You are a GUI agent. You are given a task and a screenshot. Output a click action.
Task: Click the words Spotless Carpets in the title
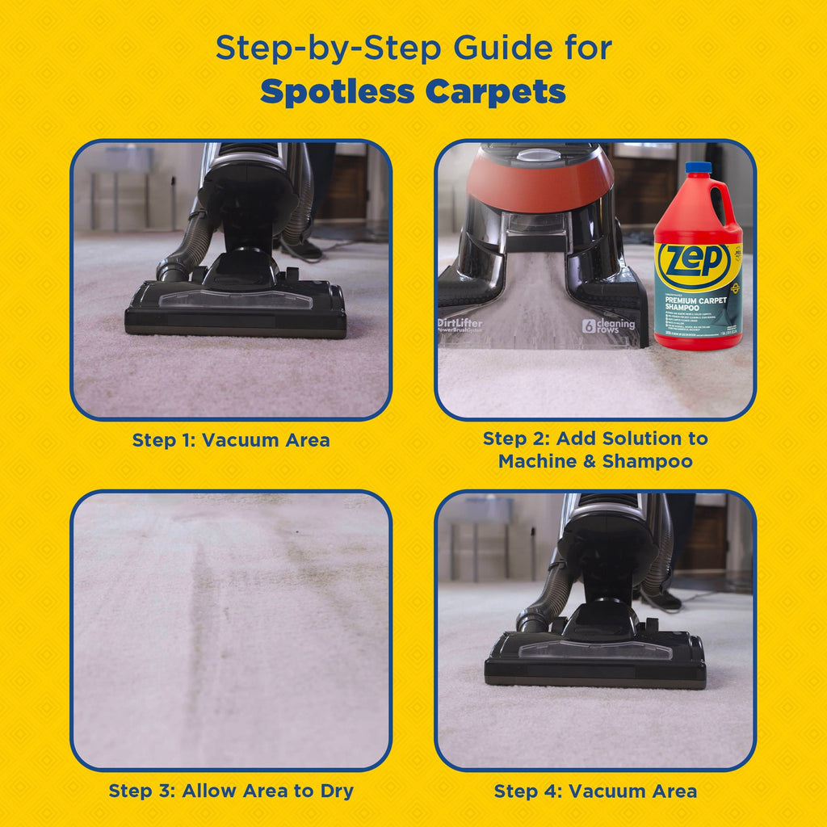pyautogui.click(x=413, y=92)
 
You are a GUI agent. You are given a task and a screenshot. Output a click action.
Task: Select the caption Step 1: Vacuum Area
pyautogui.click(x=231, y=440)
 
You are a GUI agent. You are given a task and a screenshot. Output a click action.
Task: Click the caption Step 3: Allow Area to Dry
pyautogui.click(x=231, y=791)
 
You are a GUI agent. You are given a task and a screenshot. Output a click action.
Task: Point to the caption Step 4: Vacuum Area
pyautogui.click(x=595, y=791)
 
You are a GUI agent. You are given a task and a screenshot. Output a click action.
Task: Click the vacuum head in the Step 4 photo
pyautogui.click(x=595, y=658)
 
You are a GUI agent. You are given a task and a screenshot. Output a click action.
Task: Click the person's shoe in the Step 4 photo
pyautogui.click(x=663, y=599)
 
